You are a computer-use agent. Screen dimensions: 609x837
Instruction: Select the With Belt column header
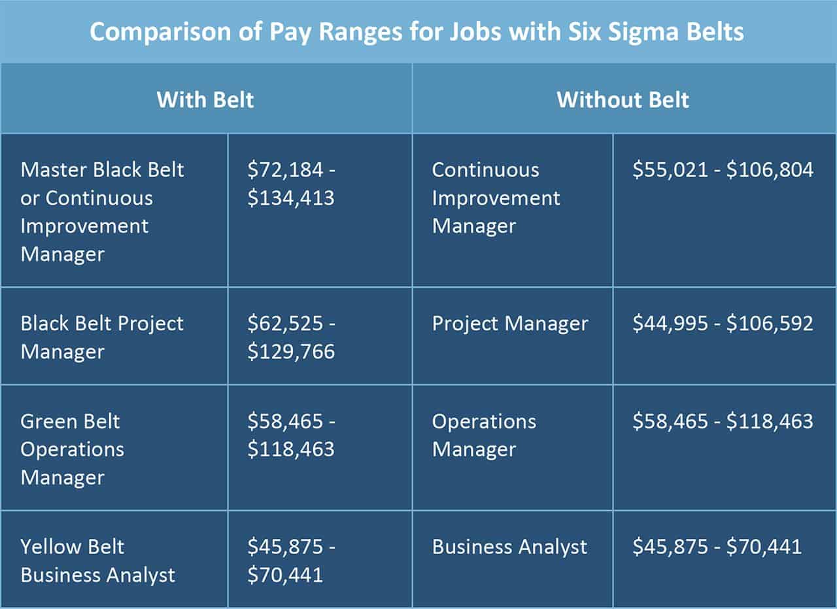(205, 99)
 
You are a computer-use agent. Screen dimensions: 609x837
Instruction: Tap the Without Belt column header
(623, 99)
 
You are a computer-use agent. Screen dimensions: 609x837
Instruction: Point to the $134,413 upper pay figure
(291, 198)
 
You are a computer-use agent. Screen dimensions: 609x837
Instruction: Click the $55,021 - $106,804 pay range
(723, 170)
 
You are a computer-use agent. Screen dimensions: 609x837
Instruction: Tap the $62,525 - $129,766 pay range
(291, 337)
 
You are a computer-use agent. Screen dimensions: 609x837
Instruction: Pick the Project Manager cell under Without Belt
(510, 323)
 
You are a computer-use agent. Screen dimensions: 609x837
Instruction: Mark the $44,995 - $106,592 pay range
(723, 323)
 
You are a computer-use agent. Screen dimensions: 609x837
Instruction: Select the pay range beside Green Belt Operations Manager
(291, 435)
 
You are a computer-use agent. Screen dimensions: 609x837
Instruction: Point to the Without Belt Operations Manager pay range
(723, 421)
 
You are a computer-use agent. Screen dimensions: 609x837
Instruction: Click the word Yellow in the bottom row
(54, 547)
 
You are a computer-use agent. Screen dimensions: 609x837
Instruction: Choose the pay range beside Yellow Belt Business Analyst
(291, 561)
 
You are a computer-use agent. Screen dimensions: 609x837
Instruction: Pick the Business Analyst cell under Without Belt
(509, 547)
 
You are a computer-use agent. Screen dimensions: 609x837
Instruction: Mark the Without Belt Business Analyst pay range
(717, 547)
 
